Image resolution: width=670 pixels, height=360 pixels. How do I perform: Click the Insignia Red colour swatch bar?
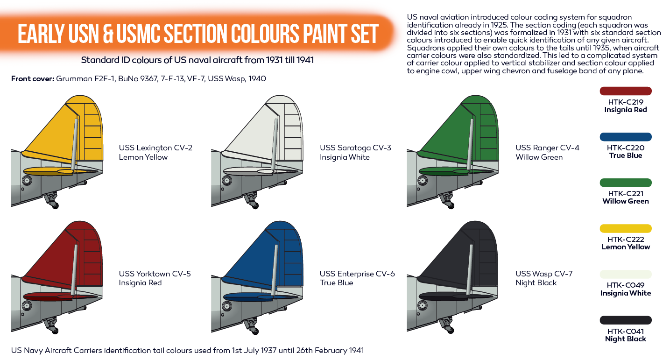pyautogui.click(x=625, y=91)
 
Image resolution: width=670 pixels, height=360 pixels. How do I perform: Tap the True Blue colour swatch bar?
pyautogui.click(x=625, y=137)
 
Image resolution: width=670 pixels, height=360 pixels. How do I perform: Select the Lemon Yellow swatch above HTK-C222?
pyautogui.click(x=625, y=228)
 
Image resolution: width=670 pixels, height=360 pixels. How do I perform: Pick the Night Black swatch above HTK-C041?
pyautogui.click(x=625, y=320)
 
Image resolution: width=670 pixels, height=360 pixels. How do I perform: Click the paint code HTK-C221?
pyautogui.click(x=625, y=193)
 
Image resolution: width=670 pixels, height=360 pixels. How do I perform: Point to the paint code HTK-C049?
pyautogui.click(x=625, y=285)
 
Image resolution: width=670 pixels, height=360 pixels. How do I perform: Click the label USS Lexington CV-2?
pyautogui.click(x=155, y=148)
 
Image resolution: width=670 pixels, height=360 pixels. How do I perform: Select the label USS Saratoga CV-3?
pyautogui.click(x=355, y=148)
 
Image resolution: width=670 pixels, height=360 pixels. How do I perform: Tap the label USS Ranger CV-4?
pyautogui.click(x=547, y=148)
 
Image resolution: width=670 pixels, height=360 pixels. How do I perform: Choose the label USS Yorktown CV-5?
pyautogui.click(x=155, y=274)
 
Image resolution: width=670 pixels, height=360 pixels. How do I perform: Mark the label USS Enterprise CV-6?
pyautogui.click(x=357, y=274)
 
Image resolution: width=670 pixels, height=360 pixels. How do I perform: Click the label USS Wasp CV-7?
pyautogui.click(x=544, y=274)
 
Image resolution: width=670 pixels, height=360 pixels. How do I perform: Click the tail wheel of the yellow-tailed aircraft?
pyautogui.click(x=55, y=205)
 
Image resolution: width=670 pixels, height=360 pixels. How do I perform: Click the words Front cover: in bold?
pyautogui.click(x=33, y=78)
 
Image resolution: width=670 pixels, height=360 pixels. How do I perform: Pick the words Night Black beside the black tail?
pyautogui.click(x=536, y=283)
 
